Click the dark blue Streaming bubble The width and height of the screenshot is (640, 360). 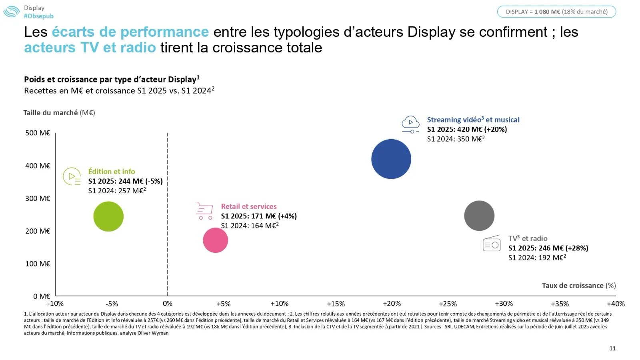pos(391,159)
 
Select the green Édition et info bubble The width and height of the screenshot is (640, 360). pos(108,216)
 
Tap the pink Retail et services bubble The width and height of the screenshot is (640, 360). pos(215,240)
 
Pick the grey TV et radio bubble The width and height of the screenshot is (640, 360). pos(479,216)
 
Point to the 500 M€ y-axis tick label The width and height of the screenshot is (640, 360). pos(38,133)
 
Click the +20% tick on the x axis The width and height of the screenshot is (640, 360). pos(392,304)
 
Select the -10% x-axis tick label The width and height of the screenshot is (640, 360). pos(56,304)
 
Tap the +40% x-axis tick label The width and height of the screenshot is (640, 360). pos(616,304)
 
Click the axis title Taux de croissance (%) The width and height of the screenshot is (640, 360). pos(579,285)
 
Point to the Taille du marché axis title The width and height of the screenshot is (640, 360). pos(59,112)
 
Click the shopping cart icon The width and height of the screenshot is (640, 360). pos(204,211)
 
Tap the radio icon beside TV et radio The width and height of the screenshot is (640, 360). pos(492,243)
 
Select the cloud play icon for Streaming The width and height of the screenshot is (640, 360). pos(410,124)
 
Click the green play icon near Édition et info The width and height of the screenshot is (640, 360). pos(72,176)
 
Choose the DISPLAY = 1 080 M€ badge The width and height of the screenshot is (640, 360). pos(556,12)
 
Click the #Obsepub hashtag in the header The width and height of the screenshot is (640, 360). pos(39,16)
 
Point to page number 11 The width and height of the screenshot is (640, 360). pos(612,348)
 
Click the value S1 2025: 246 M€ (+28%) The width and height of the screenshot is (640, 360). pos(548,248)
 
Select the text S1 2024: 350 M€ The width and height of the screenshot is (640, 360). pos(456,139)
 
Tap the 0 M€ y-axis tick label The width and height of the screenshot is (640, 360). pos(42,296)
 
